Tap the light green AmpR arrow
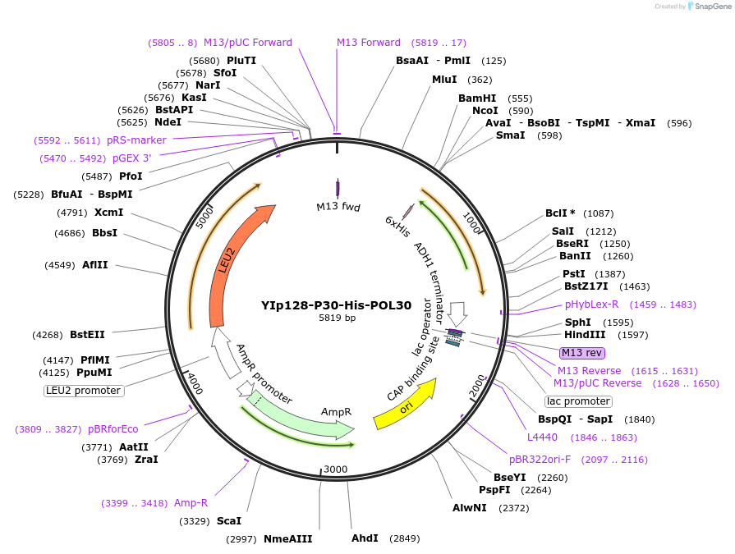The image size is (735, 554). (312, 419)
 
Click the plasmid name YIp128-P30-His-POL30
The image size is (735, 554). (337, 304)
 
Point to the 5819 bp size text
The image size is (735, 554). (337, 318)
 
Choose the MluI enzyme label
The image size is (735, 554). (444, 80)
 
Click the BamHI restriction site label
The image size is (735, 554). (477, 98)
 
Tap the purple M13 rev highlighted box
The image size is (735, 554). (582, 353)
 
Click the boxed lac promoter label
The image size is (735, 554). (578, 401)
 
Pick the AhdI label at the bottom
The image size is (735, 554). (365, 538)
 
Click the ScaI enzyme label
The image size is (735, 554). (229, 521)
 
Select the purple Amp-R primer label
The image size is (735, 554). (191, 502)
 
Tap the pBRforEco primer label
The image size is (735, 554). (113, 428)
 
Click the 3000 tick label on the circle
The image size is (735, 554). (335, 469)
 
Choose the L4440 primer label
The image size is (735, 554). (542, 437)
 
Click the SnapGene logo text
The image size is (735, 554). (712, 7)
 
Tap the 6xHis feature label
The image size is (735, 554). (397, 227)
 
